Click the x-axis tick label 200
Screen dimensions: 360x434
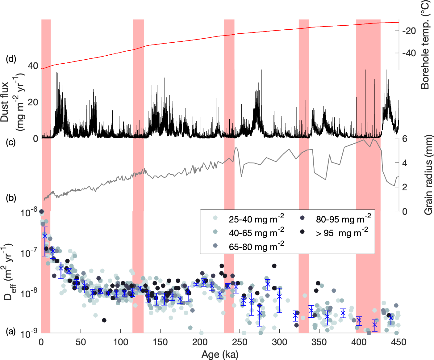[200, 342]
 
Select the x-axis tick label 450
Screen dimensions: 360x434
[398, 342]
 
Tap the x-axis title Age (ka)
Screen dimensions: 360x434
[220, 354]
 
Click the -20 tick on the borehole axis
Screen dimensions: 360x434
[409, 31]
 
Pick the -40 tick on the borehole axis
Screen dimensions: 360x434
[409, 53]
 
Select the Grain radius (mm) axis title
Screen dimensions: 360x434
[428, 175]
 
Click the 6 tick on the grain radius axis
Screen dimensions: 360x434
[404, 139]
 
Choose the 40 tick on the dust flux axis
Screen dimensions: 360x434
[33, 66]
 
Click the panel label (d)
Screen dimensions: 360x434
[11, 59]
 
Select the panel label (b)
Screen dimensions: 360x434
[11, 198]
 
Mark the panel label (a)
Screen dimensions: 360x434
[11, 332]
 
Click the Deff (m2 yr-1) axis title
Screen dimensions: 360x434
[9, 272]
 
